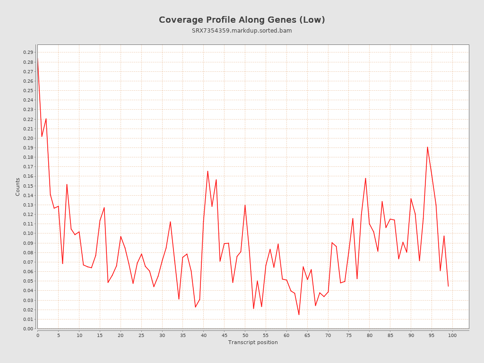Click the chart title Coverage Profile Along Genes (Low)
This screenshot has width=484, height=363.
click(242, 20)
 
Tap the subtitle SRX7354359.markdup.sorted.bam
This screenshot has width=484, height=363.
click(242, 31)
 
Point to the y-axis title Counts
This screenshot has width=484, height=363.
click(18, 187)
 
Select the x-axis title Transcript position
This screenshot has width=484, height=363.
click(253, 342)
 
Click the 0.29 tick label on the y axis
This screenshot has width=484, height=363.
click(28, 52)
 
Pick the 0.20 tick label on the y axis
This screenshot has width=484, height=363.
click(28, 138)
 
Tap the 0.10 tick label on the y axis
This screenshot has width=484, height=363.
click(28, 233)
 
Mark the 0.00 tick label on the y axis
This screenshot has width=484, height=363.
click(28, 329)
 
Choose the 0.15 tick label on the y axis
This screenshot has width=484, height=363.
click(28, 186)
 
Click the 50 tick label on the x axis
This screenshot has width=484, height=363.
click(245, 335)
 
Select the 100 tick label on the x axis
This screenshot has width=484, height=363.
click(452, 335)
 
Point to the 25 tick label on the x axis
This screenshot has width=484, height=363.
click(141, 335)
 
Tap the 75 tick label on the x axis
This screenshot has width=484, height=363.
click(349, 335)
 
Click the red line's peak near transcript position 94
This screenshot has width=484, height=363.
click(427, 147)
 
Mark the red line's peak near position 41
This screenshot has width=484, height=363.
click(207, 171)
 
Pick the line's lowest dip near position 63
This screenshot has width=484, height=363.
click(299, 315)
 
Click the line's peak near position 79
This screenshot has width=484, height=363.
click(365, 178)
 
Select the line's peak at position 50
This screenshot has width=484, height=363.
click(245, 205)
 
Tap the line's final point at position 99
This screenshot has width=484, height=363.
click(448, 286)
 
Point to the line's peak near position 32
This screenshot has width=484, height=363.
click(170, 222)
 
